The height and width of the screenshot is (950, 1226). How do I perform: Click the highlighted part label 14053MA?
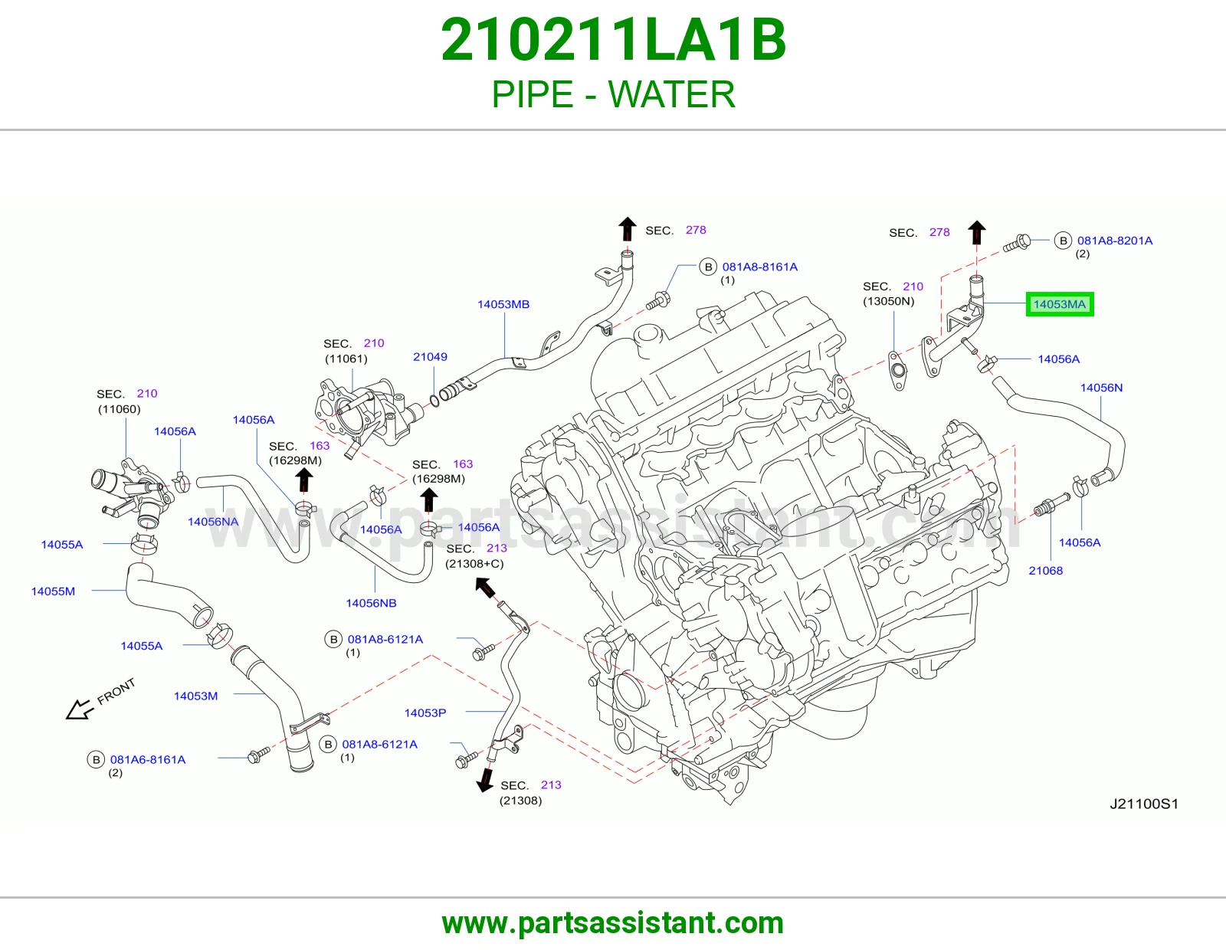1059,304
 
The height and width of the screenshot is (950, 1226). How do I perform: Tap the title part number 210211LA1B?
613,40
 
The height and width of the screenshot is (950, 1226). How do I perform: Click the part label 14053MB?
503,304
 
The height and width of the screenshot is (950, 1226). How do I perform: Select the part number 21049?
430,356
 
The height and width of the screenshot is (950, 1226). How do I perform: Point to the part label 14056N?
1101,388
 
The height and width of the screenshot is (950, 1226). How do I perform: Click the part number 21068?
1045,570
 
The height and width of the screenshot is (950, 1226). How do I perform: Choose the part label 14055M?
53,591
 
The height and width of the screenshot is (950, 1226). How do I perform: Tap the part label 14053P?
425,712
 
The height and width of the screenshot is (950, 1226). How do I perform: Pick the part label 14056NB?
371,603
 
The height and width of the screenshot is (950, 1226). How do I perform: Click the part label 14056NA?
213,521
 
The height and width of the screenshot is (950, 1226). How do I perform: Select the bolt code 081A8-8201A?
1115,241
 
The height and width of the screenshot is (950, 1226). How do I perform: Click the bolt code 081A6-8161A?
148,759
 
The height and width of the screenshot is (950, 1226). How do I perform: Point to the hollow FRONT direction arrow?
80,709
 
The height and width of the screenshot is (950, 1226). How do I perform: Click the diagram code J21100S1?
1144,804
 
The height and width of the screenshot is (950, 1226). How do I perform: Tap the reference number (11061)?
346,359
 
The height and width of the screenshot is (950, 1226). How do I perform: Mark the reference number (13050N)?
888,301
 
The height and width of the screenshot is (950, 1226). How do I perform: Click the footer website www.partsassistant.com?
613,923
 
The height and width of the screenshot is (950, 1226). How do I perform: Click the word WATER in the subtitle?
672,94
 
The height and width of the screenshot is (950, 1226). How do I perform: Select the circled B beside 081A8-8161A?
708,267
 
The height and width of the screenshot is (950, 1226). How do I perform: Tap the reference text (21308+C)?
474,563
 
